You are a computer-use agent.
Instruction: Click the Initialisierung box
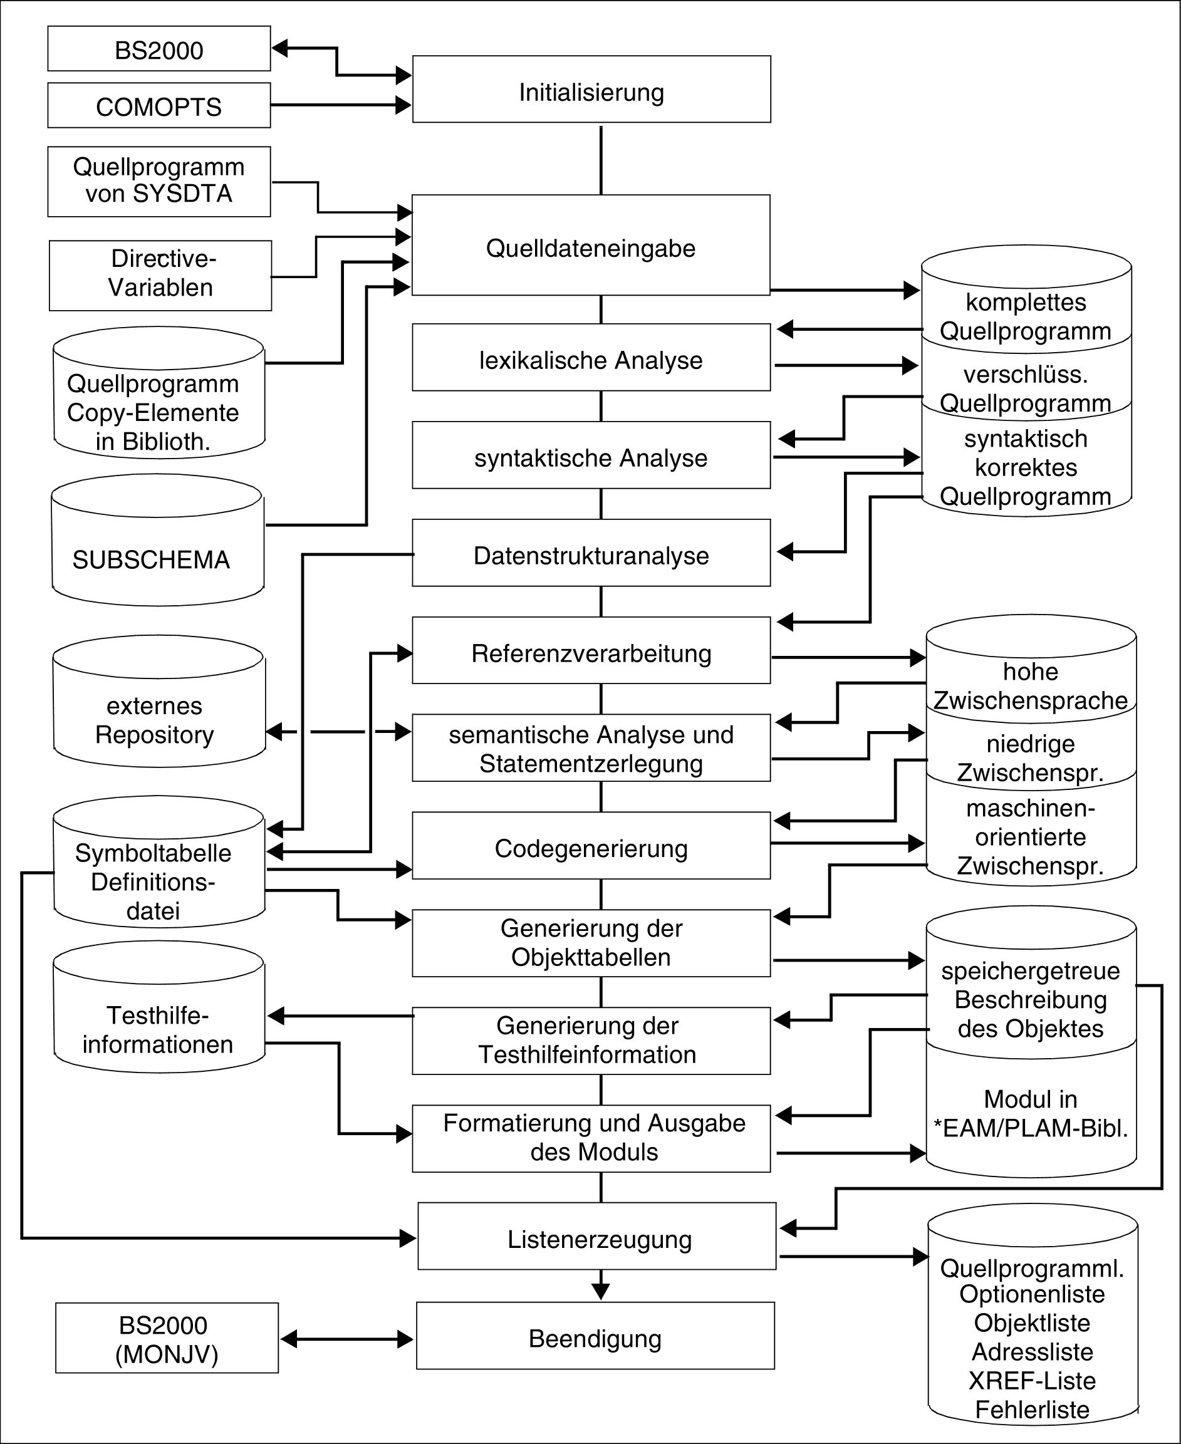[x=591, y=90]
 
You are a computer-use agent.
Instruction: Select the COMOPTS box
[x=159, y=105]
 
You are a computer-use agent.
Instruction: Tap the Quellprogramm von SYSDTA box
[x=159, y=182]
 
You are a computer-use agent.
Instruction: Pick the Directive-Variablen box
[x=160, y=276]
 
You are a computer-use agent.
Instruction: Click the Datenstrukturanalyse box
[x=591, y=554]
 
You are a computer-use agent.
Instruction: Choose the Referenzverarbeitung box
[x=591, y=651]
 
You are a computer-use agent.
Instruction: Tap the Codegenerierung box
[x=591, y=846]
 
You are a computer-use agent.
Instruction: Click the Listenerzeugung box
[x=596, y=1237]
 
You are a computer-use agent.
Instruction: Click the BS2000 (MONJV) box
[x=167, y=1338]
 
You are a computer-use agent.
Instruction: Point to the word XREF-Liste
[x=1032, y=1380]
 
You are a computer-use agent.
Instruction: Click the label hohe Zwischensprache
[x=1030, y=685]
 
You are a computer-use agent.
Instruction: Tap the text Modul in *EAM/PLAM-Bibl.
[x=1031, y=1113]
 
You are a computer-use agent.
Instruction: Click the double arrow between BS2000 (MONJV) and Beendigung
[x=347, y=1339]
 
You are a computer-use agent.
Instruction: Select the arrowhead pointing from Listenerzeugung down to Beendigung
[x=601, y=1291]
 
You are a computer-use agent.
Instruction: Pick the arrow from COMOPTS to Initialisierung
[x=340, y=105]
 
